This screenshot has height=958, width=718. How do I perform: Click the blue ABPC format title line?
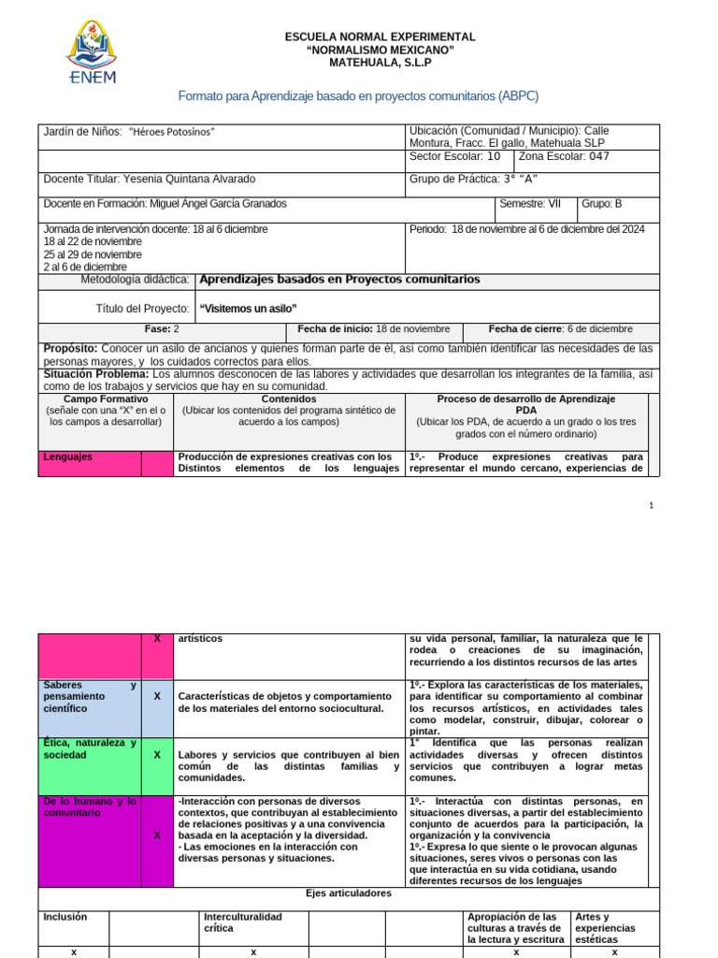358,96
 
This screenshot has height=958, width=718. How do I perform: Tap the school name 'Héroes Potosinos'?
171,132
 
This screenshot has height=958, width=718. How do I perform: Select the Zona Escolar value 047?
593,156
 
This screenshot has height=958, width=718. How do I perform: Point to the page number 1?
651,505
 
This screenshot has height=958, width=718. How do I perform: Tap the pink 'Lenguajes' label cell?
90,463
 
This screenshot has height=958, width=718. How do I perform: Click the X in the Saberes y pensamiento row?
157,697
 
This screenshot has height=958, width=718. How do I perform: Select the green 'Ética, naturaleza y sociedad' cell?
90,761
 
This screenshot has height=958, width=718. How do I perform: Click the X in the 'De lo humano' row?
157,835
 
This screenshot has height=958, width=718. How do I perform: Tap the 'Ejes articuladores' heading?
349,893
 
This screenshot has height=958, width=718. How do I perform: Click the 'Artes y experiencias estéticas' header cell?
614,927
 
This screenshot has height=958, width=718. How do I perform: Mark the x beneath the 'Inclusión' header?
74,951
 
